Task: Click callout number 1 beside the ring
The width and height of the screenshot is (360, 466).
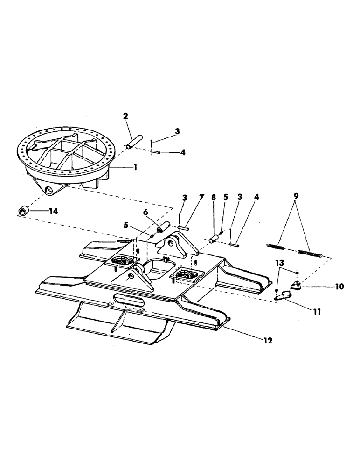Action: tap(135, 167)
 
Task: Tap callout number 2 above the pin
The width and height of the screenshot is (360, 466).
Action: tap(125, 116)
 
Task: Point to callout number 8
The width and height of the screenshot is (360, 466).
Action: tap(214, 198)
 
